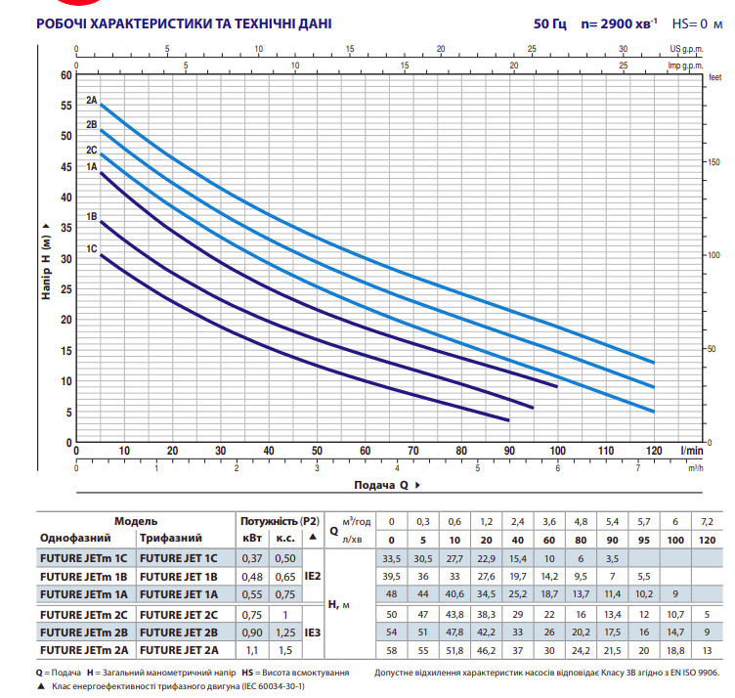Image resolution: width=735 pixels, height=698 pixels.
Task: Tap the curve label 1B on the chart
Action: pyautogui.click(x=91, y=217)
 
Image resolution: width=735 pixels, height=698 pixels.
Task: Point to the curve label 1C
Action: pyautogui.click(x=91, y=248)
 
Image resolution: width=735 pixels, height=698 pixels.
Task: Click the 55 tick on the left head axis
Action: pyautogui.click(x=66, y=106)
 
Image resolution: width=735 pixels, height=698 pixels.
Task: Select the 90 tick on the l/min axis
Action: pyautogui.click(x=509, y=450)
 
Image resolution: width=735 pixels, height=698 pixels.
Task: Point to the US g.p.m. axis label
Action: pyautogui.click(x=687, y=48)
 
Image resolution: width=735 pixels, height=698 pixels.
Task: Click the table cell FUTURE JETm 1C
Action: pyautogui.click(x=83, y=557)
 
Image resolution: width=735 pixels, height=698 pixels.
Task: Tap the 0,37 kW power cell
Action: pyautogui.click(x=251, y=557)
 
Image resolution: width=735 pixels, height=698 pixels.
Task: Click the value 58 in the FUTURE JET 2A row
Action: pyautogui.click(x=393, y=649)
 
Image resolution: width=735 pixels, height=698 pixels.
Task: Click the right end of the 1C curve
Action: pyautogui.click(x=509, y=420)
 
